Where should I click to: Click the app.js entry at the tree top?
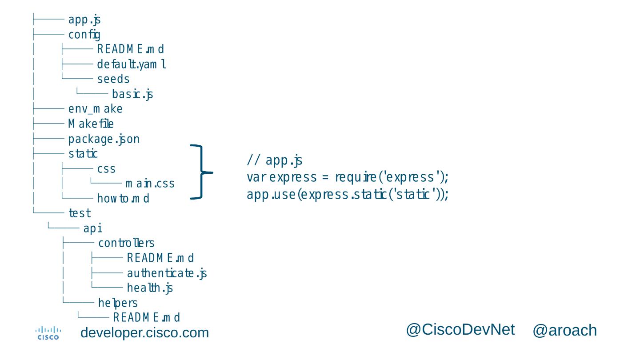(x=84, y=20)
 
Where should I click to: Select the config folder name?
(x=84, y=35)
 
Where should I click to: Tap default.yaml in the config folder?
(x=132, y=64)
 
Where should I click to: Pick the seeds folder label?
(x=113, y=79)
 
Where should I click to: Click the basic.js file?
(x=132, y=94)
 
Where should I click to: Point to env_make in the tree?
(x=95, y=109)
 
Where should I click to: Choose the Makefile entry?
(x=91, y=124)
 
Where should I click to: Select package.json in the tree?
(x=104, y=139)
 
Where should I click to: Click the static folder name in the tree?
(x=83, y=154)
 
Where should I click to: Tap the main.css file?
(x=150, y=184)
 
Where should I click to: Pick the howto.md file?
(x=123, y=199)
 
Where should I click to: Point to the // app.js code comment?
(x=275, y=160)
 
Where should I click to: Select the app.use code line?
(x=348, y=195)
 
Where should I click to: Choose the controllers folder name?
(x=126, y=243)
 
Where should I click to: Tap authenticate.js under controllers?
(x=167, y=273)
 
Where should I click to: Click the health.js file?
(x=150, y=288)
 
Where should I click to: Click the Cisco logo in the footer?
(x=48, y=333)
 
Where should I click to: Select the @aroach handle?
(x=564, y=331)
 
